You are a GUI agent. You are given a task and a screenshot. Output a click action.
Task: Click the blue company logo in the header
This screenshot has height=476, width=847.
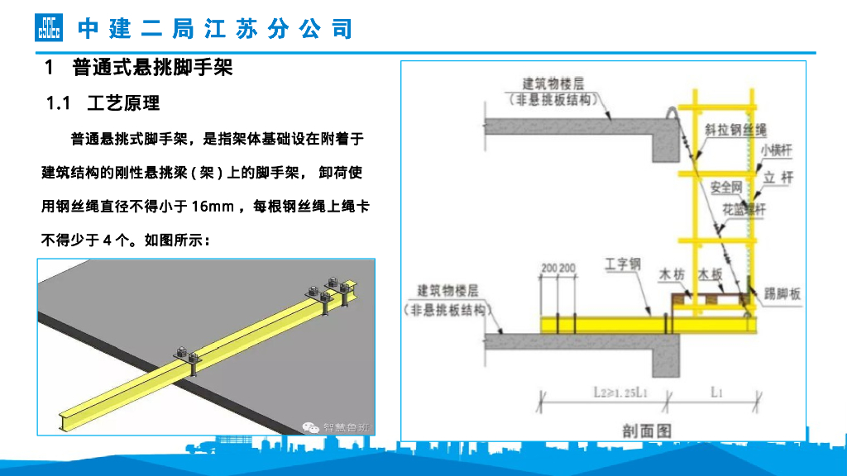click(x=48, y=28)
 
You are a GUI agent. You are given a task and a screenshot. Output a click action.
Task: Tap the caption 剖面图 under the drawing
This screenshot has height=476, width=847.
click(x=646, y=430)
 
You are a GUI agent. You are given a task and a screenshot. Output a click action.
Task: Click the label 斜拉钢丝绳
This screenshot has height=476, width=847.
click(x=736, y=131)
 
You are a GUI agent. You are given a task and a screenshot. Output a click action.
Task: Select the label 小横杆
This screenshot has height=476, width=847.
click(x=776, y=150)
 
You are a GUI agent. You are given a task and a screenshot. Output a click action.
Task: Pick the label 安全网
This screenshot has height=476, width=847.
click(x=722, y=188)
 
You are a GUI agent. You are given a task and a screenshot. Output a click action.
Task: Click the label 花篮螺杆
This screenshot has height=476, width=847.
click(x=744, y=210)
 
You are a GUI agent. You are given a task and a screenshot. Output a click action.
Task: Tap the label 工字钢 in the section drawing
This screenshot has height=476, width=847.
click(x=622, y=264)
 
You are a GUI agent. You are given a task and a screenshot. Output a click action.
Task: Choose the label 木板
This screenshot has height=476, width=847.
click(x=711, y=274)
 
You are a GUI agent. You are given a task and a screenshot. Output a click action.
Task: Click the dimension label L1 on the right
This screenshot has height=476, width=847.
click(x=717, y=393)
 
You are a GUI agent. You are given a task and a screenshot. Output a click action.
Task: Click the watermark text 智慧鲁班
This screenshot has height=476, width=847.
click(x=347, y=427)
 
